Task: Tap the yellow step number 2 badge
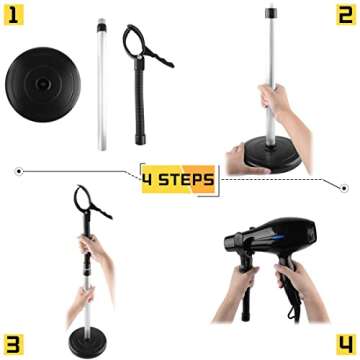(343, 17)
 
